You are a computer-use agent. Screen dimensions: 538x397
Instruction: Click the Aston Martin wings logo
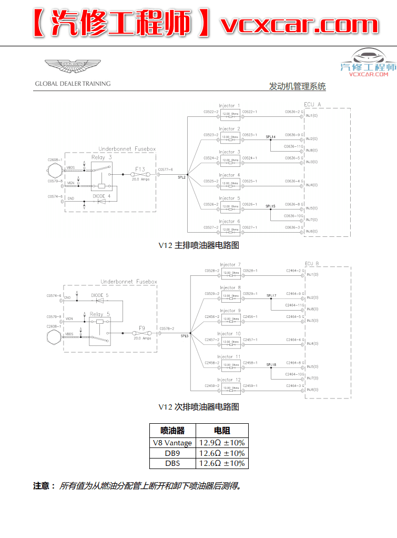pos(72,66)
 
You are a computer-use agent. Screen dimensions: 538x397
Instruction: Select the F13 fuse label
pos(140,170)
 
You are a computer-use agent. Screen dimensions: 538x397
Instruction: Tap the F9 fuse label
pos(141,328)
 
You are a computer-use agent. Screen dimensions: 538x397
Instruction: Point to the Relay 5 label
pos(100,314)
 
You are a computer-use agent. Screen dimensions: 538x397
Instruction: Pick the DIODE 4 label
pos(101,196)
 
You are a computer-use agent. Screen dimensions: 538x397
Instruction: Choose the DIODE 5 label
pos(100,295)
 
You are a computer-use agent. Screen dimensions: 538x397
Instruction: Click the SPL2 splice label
pos(181,177)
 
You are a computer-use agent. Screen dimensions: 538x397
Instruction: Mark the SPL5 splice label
pos(185,336)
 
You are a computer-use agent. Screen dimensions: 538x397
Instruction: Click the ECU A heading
pos(312,104)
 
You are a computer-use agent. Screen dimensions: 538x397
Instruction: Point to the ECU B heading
pos(312,263)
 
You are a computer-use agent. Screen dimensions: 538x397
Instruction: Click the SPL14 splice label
pos(270,137)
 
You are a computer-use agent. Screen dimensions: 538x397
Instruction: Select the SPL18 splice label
pos(271,364)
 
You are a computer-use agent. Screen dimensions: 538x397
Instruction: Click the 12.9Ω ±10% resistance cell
pos(221,443)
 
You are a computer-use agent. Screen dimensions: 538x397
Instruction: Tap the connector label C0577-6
pos(166,170)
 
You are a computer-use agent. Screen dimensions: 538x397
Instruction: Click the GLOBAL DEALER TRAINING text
pos(73,83)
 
